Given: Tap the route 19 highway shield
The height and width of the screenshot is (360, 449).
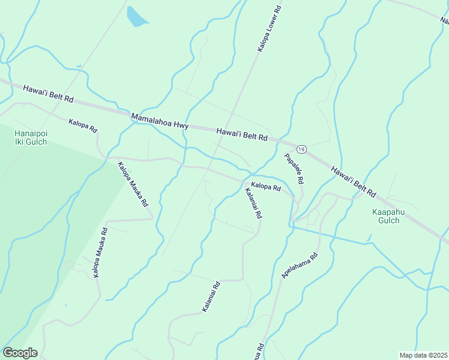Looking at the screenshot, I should coord(301,149).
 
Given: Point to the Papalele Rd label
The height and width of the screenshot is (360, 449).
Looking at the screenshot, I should coord(294,168).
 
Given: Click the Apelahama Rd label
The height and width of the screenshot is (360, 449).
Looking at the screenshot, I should coord(299,265).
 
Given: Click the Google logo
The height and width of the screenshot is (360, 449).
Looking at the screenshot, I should coord(20,353).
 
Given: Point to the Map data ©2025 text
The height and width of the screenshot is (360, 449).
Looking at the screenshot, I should coord(423,355).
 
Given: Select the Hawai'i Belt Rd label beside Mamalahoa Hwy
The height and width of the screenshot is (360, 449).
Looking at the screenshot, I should coord(241,134).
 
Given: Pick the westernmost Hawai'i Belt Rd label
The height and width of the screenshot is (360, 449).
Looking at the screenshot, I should coord(48,93).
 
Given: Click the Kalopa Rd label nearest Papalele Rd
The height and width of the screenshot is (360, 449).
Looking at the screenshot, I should coord(266,187).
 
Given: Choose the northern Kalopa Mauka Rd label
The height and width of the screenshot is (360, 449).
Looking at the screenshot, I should coord(133,184).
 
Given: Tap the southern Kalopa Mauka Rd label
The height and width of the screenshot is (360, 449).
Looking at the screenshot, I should coord(100,252).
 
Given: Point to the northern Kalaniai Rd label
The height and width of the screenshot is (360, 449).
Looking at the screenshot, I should coord(253,203).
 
